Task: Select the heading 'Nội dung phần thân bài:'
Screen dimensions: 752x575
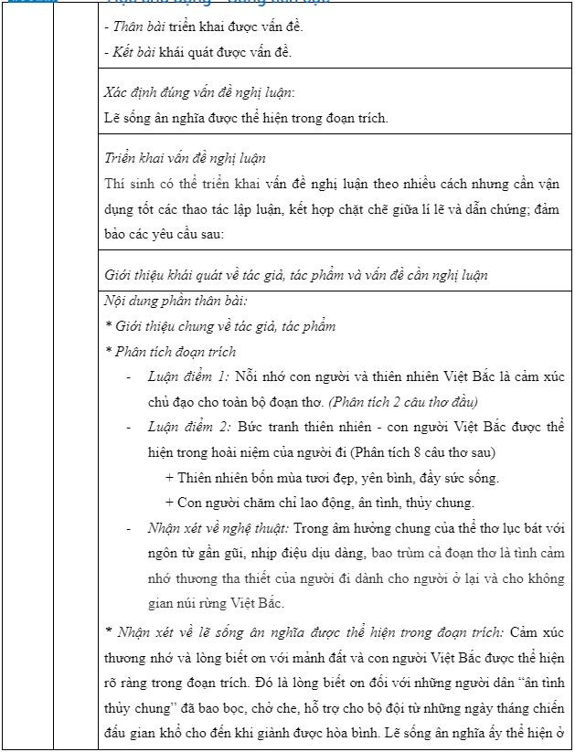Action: (x=176, y=300)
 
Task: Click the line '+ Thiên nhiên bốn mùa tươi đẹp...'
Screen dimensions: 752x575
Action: (x=332, y=477)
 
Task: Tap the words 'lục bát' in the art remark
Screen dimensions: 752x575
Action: (x=504, y=528)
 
